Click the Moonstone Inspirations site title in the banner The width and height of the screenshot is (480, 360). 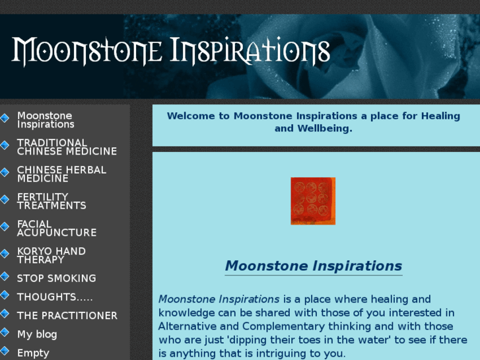coord(170,52)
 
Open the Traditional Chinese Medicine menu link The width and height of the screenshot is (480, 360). coord(67,147)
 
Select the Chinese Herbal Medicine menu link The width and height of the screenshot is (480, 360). coord(61,174)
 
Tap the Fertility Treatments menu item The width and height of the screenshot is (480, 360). coord(51,201)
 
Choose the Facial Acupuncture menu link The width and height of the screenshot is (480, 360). coord(57,228)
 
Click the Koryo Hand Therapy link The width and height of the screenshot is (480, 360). coord(51,255)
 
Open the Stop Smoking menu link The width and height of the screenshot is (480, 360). coord(56,278)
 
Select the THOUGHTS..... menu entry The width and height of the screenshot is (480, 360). coord(55,297)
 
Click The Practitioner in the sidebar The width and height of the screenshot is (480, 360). coord(67,315)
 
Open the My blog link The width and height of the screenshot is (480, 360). coord(37,334)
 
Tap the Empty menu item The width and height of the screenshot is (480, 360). coord(33,353)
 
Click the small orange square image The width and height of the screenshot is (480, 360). coord(313,201)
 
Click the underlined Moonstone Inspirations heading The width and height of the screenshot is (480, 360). coord(313,266)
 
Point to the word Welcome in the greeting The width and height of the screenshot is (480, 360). coord(191,116)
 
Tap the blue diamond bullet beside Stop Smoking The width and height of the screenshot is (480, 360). coord(5,277)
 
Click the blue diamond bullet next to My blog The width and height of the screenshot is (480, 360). coord(5,332)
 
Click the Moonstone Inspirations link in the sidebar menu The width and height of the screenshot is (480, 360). coord(45,120)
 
